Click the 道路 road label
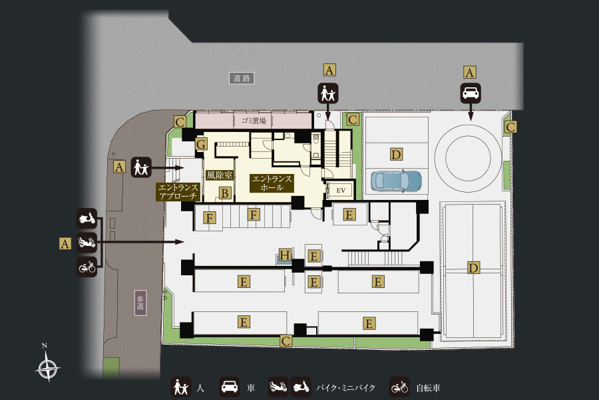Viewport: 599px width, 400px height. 242,79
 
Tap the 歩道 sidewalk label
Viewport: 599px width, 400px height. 140,303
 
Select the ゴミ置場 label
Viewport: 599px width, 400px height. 254,121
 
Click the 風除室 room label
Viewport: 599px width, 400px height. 219,175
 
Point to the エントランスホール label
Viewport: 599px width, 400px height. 272,183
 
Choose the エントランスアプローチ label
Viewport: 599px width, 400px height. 178,192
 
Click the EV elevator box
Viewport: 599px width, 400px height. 341,190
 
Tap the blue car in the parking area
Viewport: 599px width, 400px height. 397,180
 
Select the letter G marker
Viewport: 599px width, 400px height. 201,144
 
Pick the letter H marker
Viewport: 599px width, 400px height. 285,255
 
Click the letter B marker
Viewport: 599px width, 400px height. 225,193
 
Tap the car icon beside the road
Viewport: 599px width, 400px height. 471,93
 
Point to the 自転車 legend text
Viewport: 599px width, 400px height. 428,388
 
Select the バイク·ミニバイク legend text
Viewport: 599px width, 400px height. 345,388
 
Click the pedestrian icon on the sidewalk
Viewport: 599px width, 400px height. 141,167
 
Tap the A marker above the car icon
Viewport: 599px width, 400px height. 469,73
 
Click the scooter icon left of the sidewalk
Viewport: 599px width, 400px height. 87,219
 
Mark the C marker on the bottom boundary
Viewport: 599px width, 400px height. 286,341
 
